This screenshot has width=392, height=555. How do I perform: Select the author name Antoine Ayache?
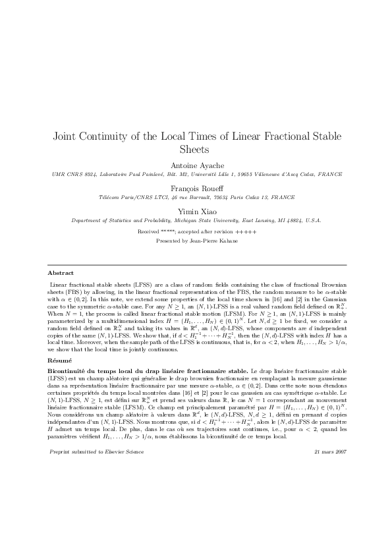click(196, 164)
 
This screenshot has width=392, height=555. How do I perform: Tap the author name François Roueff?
click(196, 187)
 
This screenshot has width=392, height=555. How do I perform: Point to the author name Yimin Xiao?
click(196, 210)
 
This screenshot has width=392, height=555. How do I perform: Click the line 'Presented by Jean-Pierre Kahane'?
click(196, 241)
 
